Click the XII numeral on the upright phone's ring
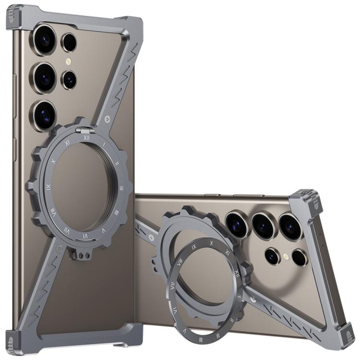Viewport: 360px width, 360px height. click(86, 137)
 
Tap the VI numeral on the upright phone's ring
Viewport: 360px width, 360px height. click(85, 236)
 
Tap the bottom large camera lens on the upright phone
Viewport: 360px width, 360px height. click(45, 115)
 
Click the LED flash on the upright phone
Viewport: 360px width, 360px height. click(69, 61)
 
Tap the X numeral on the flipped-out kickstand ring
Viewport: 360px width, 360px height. click(211, 243)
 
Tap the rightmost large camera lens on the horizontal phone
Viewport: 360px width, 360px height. click(290, 226)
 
